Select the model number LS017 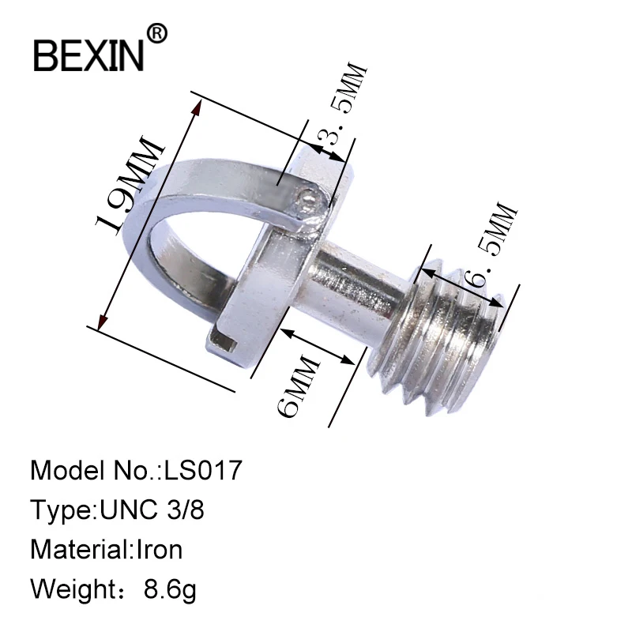202,471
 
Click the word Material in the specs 77,548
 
